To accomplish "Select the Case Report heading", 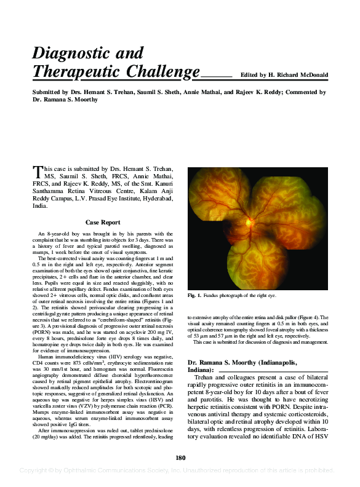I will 103,223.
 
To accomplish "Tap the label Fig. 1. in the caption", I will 196,296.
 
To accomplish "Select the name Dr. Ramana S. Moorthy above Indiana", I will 230,363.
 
